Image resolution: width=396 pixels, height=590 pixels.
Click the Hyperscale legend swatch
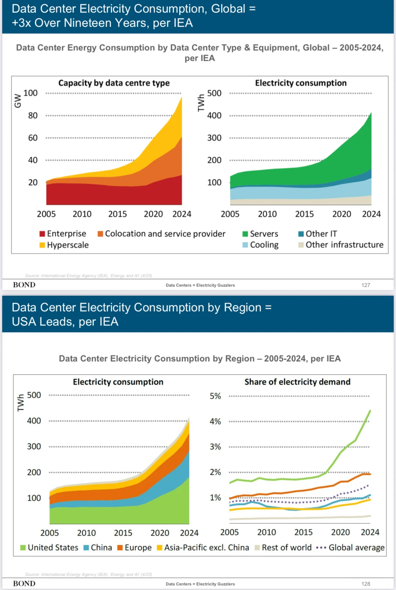(42, 245)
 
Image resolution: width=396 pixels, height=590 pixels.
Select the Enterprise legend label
(66, 234)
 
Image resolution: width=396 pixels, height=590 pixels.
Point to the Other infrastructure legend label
(344, 245)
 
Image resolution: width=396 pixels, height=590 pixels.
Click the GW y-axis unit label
(18, 101)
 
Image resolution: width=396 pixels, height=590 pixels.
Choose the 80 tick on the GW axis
(33, 116)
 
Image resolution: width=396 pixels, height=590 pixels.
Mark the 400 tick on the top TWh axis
(214, 116)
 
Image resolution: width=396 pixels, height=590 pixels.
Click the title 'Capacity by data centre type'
(114, 83)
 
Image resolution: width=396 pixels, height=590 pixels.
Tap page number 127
(366, 285)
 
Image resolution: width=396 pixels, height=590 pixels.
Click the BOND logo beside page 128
(24, 583)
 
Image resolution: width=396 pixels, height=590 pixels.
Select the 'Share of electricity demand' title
(297, 382)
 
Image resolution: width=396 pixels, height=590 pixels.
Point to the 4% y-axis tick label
(215, 421)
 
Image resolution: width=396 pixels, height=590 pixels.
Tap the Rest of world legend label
(286, 547)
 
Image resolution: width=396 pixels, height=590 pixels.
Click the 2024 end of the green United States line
(370, 411)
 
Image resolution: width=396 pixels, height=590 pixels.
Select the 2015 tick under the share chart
(304, 532)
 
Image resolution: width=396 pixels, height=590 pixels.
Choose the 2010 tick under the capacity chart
(82, 214)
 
